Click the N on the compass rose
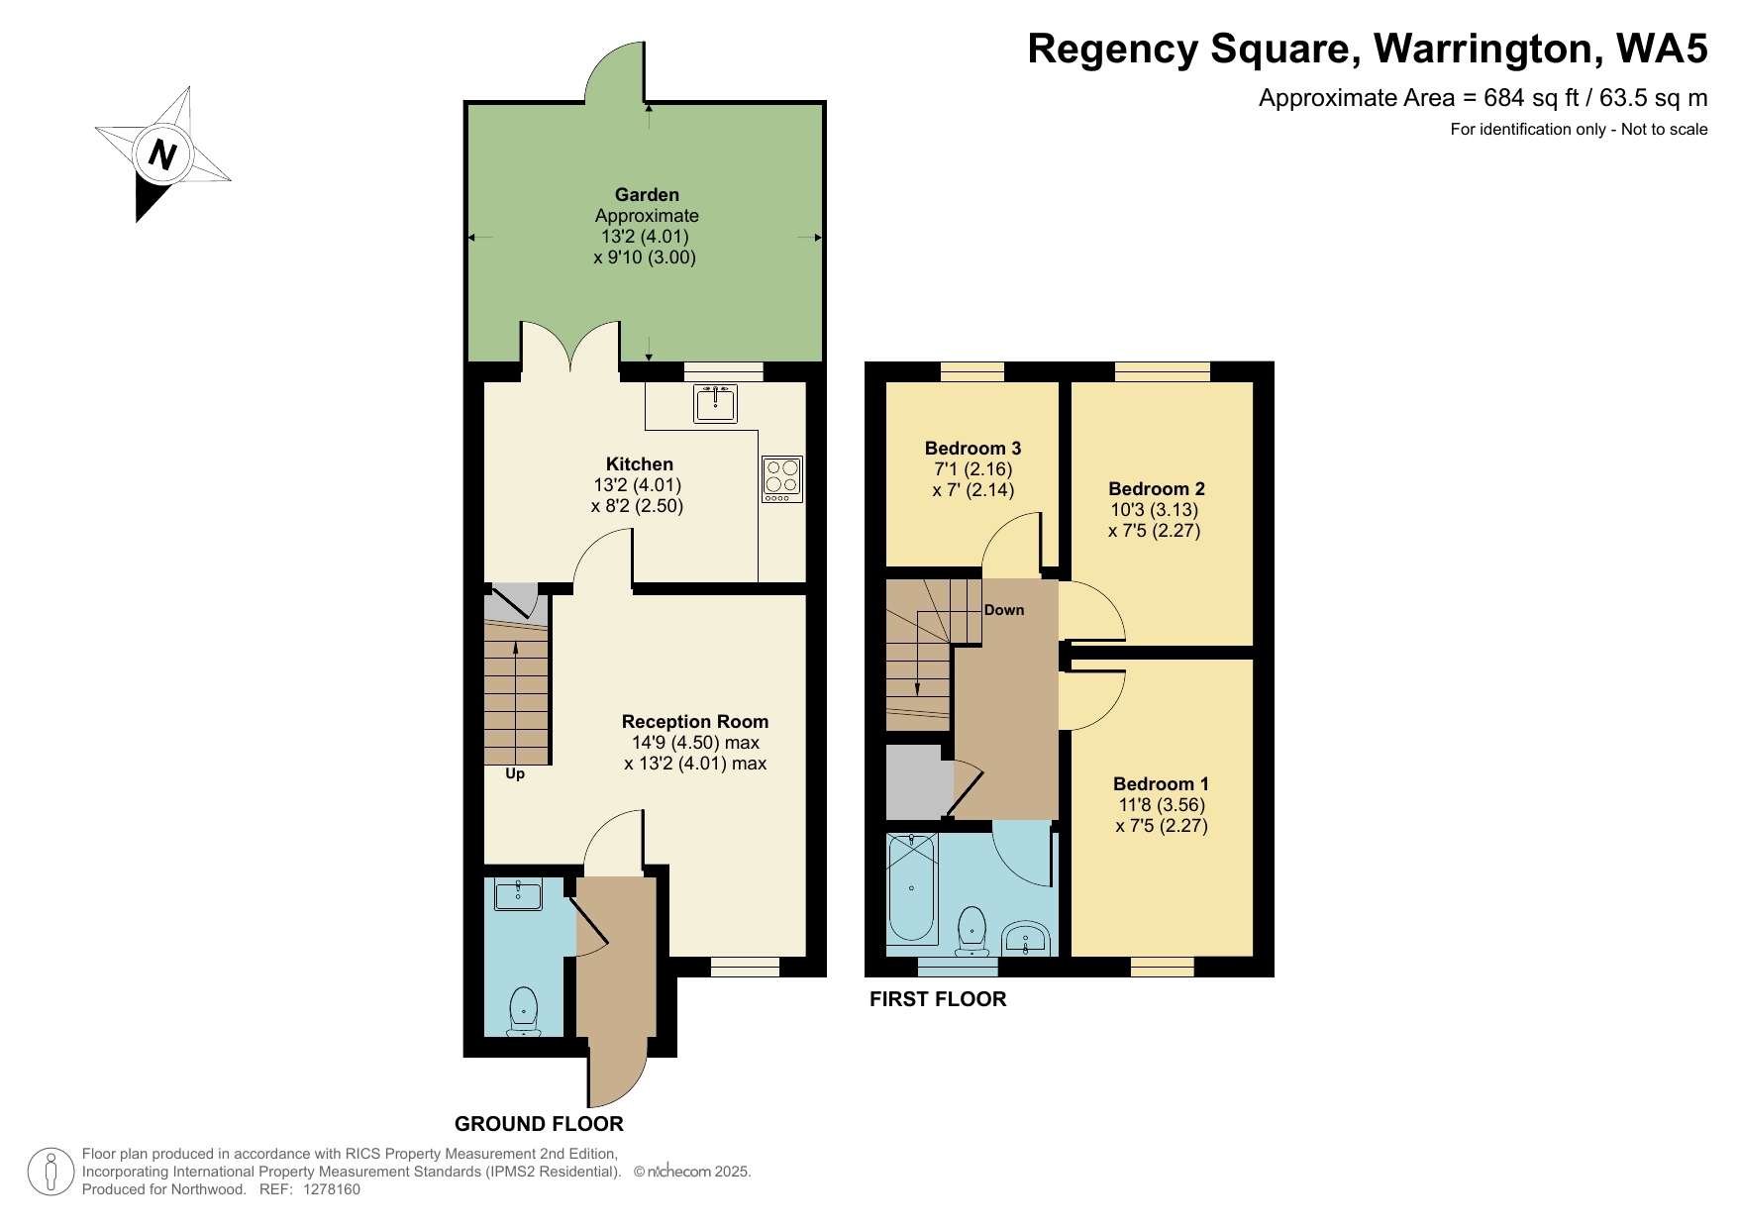[x=162, y=154]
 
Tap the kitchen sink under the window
[x=715, y=403]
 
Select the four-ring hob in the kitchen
[x=781, y=477]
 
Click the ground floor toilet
[x=523, y=1011]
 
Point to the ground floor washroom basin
[x=518, y=894]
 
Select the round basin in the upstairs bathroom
[x=1026, y=937]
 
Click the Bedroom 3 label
[x=972, y=448]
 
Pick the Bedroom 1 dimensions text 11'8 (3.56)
[x=1162, y=804]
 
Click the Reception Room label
[x=694, y=721]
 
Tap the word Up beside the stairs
[x=515, y=773]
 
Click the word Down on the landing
[x=1004, y=610]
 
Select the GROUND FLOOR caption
[x=539, y=1124]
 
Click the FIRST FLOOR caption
[x=937, y=999]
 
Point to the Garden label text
[x=647, y=194]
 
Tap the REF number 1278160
[x=332, y=1189]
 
